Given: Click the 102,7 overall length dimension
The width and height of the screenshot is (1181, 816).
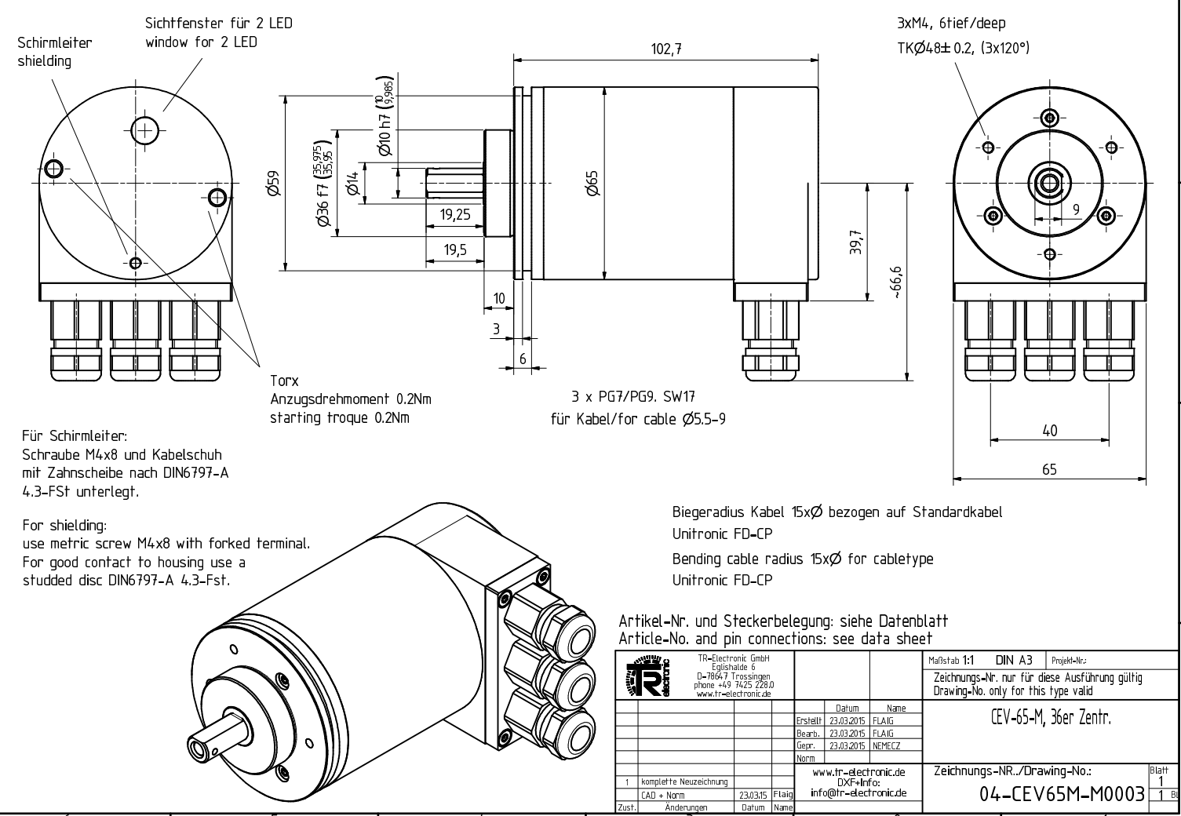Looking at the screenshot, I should (666, 49).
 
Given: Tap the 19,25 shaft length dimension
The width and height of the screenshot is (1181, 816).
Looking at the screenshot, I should (455, 214).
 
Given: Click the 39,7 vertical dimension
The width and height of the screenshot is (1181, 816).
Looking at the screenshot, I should (855, 242).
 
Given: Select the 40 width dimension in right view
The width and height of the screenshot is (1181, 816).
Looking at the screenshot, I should (1049, 430).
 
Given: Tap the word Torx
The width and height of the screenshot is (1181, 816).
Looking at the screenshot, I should (284, 381).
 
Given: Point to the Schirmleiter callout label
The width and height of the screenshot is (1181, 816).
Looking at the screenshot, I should (54, 43).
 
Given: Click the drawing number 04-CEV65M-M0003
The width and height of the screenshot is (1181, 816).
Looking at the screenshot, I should (1063, 795).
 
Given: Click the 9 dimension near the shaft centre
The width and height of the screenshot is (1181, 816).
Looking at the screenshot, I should (1076, 209).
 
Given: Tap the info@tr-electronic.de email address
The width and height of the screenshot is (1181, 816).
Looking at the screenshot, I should (858, 792).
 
